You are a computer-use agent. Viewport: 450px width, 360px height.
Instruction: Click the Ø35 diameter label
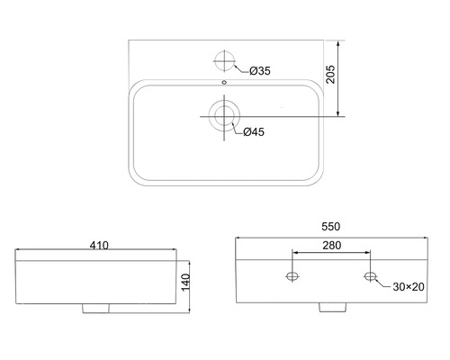coord(260,71)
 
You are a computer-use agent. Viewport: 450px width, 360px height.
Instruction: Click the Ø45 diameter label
coord(253,132)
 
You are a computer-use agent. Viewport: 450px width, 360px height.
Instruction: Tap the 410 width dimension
coord(99,245)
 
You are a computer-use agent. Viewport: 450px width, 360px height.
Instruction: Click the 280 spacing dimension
coord(331,246)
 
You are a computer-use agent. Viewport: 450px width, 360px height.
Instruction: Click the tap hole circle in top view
coord(224,61)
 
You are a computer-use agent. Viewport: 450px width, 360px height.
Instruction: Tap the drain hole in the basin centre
coord(222,115)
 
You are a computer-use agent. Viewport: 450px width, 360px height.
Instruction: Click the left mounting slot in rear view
coord(292,275)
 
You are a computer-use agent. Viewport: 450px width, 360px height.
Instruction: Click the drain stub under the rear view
coord(331,308)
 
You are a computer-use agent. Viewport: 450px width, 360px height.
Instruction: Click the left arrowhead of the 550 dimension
coord(238,238)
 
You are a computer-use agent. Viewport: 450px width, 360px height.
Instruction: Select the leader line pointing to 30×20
coord(382,283)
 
